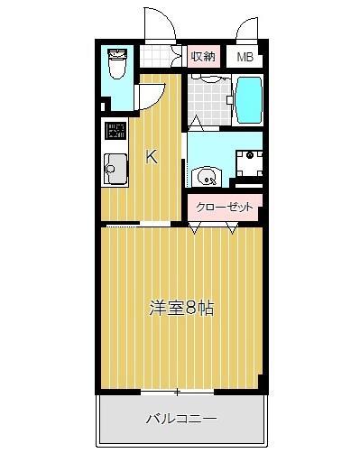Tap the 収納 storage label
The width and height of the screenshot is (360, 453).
click(x=203, y=56)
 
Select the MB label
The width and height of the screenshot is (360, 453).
click(x=245, y=57)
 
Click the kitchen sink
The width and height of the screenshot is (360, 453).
click(x=115, y=167)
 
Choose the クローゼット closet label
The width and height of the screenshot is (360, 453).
click(x=225, y=206)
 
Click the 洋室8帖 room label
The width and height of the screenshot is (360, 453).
click(x=181, y=308)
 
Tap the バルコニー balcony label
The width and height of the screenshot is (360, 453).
click(x=181, y=419)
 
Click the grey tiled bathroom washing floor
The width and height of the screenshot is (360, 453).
click(x=208, y=104)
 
